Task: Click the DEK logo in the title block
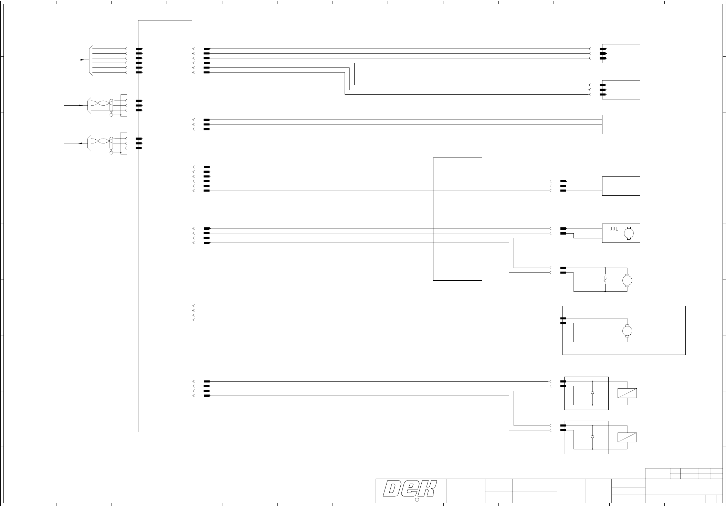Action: click(x=410, y=489)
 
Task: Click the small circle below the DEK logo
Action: click(x=416, y=499)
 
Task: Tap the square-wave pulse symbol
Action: click(x=614, y=228)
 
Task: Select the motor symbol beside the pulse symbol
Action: click(x=629, y=233)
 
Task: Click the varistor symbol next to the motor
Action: click(x=605, y=280)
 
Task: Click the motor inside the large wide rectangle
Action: click(x=627, y=331)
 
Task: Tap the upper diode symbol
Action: click(x=592, y=392)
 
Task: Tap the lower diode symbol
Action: click(x=592, y=436)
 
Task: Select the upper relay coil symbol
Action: click(x=627, y=393)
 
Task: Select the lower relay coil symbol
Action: click(x=627, y=437)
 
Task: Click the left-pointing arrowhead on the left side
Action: click(x=81, y=143)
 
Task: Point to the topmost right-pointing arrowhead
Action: click(x=82, y=60)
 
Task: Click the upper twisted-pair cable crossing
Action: click(x=99, y=103)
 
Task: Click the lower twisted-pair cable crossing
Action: click(x=99, y=141)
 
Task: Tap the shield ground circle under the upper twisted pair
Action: click(x=111, y=115)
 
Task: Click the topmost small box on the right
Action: click(x=621, y=54)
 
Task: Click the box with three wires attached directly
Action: click(x=621, y=124)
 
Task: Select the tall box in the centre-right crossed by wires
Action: click(x=457, y=219)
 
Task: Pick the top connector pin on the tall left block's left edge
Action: click(x=139, y=49)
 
